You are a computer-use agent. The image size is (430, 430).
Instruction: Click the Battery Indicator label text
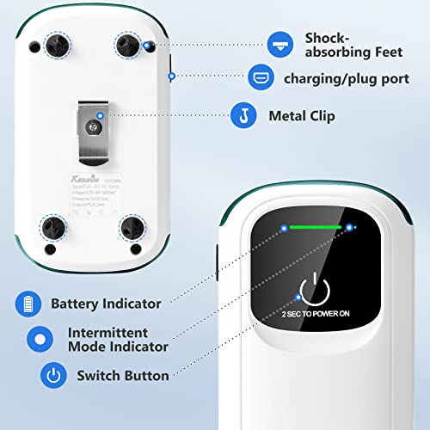pyautogui.click(x=105, y=304)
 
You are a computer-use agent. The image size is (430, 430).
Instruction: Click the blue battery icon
pyautogui.click(x=29, y=304)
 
